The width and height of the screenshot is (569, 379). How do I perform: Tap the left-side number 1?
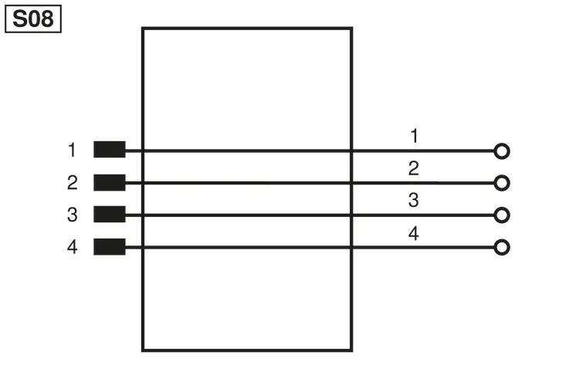[73, 150]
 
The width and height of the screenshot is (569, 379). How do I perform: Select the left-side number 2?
[73, 182]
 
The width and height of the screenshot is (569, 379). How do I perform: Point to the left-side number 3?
[73, 215]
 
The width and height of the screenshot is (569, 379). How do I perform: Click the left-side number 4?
[73, 247]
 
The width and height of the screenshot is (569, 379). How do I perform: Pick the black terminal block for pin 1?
[110, 150]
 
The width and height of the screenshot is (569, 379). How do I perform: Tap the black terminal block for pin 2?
[110, 182]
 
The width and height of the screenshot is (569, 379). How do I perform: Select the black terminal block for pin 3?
[110, 214]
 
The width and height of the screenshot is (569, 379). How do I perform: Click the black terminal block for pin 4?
[110, 247]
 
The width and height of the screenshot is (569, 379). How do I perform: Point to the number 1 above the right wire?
[415, 136]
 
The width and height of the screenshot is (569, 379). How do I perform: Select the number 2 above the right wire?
[414, 168]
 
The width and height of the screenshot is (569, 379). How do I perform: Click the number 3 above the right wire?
[414, 200]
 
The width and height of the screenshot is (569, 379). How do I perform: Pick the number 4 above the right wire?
[414, 234]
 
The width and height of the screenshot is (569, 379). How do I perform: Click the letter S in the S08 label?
[19, 19]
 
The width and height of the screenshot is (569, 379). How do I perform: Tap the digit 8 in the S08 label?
[47, 19]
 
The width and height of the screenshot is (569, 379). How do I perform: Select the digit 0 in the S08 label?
[34, 19]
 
